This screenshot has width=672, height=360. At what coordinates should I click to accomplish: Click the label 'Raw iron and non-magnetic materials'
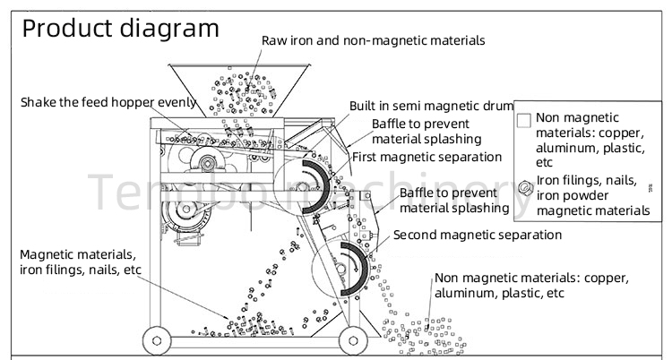coord(374,40)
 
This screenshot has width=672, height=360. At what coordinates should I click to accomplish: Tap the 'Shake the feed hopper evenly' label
coord(108,102)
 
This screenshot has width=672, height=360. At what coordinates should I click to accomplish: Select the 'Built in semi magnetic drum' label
coord(432,106)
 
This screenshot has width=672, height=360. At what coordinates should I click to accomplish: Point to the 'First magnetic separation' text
coord(426,157)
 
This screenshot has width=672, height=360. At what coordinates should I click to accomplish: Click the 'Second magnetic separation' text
coord(478,235)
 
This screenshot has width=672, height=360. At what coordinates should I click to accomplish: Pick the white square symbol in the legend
coord(525,118)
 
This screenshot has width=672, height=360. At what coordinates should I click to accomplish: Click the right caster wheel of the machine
coord(352,339)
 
